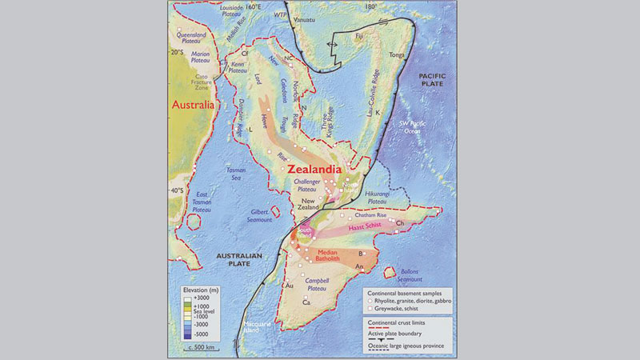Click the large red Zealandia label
point(312,170)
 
